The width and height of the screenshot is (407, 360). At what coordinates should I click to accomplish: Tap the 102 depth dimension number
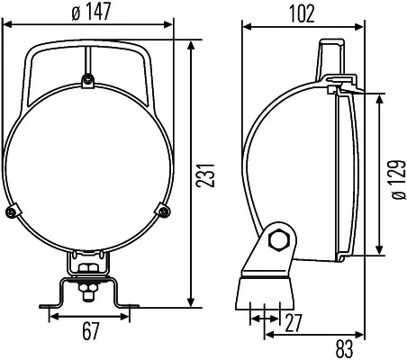click(302, 13)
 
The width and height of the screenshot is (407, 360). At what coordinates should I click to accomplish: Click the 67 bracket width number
click(90, 332)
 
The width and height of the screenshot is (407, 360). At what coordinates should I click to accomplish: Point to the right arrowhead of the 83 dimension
click(361, 334)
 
